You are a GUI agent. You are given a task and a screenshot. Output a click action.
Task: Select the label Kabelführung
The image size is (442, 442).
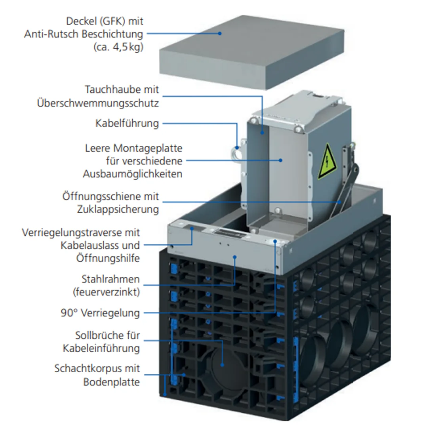(127, 123)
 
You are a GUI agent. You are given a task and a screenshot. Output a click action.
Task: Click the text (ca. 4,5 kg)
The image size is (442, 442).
(118, 47)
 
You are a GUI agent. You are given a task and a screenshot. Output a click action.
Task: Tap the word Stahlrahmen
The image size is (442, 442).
(110, 279)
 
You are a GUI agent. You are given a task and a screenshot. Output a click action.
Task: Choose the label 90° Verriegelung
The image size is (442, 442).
(100, 313)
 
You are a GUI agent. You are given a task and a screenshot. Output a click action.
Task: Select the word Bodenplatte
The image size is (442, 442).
(111, 382)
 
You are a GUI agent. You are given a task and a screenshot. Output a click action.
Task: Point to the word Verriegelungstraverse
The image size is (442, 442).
(81, 232)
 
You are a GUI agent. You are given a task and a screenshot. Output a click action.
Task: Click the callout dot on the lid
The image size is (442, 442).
(219, 33)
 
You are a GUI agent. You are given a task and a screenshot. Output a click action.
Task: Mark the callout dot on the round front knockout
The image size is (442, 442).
(223, 365)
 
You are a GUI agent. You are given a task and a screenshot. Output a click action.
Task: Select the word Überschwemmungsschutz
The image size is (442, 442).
(98, 103)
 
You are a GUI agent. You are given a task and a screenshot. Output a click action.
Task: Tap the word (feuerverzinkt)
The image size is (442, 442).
(106, 292)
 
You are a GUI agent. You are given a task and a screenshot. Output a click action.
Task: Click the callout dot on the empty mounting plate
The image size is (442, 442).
(280, 160)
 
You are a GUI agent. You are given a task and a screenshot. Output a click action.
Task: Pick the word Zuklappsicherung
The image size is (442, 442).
(118, 209)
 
